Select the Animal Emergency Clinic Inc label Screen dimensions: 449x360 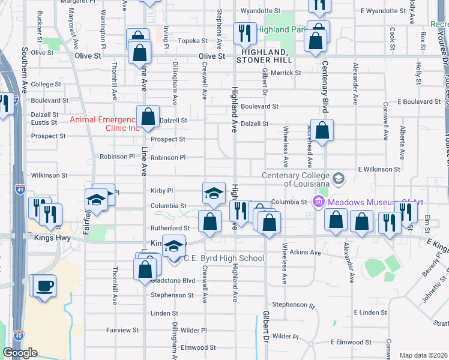pyautogui.click(x=104, y=124)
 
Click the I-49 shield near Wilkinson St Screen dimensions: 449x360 pyautogui.click(x=20, y=190)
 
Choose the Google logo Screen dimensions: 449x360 pyautogui.click(x=20, y=352)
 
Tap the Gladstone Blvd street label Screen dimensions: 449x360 pyautogui.click(x=173, y=280)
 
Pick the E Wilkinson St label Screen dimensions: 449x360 pyautogui.click(x=380, y=170)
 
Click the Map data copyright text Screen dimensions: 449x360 pyautogui.click(x=423, y=355)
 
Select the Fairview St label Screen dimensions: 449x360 pyautogui.click(x=122, y=330)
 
